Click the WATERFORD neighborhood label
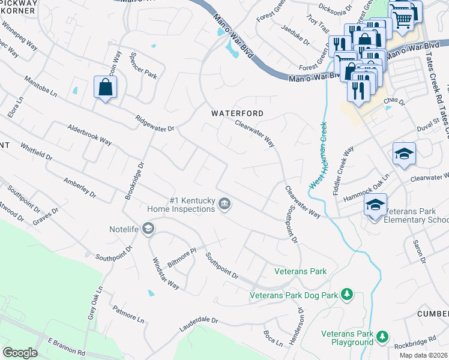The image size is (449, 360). pyautogui.click(x=237, y=113)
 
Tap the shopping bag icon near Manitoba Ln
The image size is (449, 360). pyautogui.click(x=106, y=88)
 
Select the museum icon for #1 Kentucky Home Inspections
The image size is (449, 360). pyautogui.click(x=224, y=205)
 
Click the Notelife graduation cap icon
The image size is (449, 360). pyautogui.click(x=148, y=228)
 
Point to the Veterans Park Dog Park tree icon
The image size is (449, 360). pyautogui.click(x=346, y=294)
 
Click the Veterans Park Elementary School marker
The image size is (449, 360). pyautogui.click(x=375, y=206)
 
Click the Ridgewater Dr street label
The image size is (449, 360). pyautogui.click(x=154, y=124)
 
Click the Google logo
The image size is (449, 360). pyautogui.click(x=20, y=353)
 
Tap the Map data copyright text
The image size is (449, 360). pyautogui.click(x=423, y=355)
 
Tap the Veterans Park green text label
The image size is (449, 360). pyautogui.click(x=300, y=272)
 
